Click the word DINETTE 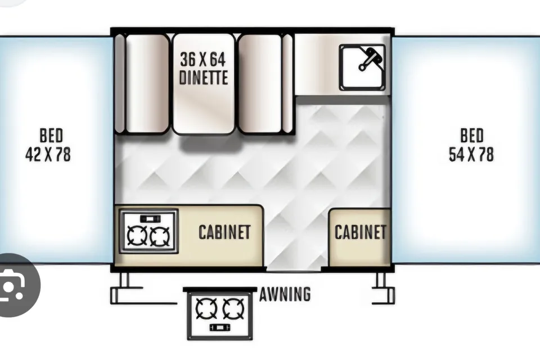(x=204, y=78)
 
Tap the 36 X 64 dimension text (x=203, y=60)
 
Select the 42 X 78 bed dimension (x=48, y=154)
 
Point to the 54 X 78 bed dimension (x=471, y=154)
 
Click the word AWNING (x=285, y=294)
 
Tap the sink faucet (x=370, y=58)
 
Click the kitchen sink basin (x=362, y=67)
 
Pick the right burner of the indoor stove (x=160, y=236)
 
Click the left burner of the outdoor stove (x=206, y=308)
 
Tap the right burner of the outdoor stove (x=233, y=308)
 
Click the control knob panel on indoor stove (x=150, y=219)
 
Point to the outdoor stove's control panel (x=220, y=327)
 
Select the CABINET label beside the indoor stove (x=224, y=232)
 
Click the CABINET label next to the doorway (x=360, y=232)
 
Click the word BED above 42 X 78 (x=51, y=136)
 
